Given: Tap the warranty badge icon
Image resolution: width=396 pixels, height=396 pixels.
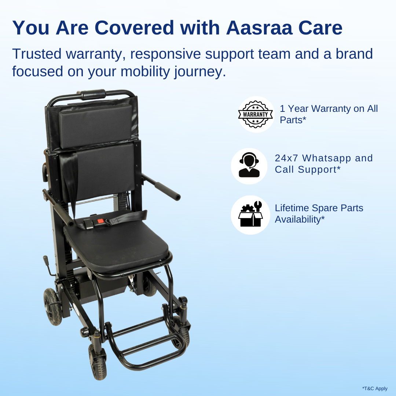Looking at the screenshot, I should coord(256,114).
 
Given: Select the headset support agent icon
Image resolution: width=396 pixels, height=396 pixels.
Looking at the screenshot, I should coord(249,166).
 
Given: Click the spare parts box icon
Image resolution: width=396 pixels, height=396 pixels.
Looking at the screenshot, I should coord(250,215).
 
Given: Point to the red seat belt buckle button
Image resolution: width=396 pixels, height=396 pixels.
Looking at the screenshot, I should coord(100,222).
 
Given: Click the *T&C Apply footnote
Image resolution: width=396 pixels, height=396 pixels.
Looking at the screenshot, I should coord(374,388).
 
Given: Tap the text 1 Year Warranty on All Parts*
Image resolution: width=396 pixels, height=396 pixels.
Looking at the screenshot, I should coord(329,114).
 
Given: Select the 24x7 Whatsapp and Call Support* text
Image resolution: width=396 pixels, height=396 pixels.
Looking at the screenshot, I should coord(323,164).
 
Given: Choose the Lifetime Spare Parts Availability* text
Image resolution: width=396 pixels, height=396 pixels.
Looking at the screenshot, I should coord(319,213).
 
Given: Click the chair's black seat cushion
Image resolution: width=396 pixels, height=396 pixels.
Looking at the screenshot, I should coord(115,240).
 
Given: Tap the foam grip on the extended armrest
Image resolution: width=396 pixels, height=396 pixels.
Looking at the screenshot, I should coord(167,190).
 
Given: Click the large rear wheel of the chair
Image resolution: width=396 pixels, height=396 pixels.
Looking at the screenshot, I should coord(52,306).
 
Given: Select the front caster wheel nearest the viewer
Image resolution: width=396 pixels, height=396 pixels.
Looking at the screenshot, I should coord(98,361).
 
